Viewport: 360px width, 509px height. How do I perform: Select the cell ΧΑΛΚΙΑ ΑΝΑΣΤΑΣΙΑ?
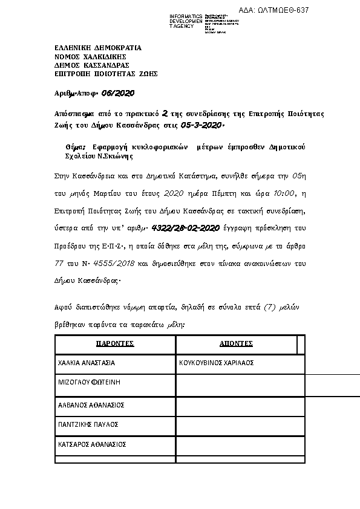point(86,363)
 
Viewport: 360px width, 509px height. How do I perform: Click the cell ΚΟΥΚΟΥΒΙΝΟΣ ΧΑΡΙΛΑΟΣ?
point(216,363)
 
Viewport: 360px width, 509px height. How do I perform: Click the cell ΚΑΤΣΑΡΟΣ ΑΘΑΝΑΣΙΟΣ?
point(91,444)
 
